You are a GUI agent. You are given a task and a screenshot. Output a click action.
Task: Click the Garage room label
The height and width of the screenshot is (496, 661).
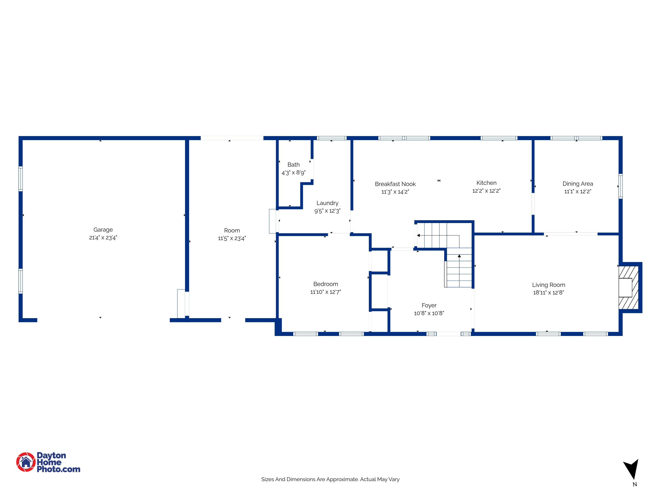(x=103, y=230)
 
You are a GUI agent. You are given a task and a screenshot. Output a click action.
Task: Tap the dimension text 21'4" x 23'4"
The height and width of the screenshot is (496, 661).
(x=103, y=238)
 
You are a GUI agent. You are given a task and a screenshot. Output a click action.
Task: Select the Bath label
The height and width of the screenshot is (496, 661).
(x=293, y=164)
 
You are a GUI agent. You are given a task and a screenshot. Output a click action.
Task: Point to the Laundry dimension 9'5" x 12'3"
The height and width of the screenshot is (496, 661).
(x=327, y=211)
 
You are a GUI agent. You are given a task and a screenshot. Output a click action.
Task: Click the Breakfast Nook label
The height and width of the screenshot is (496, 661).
(x=395, y=184)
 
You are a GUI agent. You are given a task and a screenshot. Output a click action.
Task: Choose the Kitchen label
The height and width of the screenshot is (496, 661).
(x=486, y=183)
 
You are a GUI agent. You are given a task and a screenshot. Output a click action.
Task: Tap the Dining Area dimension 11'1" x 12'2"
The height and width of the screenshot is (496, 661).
(x=577, y=192)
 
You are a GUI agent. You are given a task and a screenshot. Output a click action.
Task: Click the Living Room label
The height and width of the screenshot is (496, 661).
(x=548, y=285)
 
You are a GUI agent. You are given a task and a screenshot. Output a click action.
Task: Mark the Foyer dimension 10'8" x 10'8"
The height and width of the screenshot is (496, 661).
(x=429, y=313)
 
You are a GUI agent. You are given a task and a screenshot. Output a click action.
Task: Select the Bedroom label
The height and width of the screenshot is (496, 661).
(x=325, y=284)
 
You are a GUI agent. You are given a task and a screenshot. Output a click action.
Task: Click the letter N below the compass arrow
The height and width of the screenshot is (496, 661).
(x=635, y=484)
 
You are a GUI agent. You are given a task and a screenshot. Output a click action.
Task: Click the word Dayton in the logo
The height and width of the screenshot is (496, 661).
(x=51, y=455)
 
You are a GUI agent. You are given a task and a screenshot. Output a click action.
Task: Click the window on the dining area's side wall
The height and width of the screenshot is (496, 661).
(x=620, y=186)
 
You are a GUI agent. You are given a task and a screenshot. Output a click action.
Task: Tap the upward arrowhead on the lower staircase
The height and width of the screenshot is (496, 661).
(x=459, y=256)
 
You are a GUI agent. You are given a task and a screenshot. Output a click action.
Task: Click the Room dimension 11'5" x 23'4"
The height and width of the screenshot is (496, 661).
(x=232, y=238)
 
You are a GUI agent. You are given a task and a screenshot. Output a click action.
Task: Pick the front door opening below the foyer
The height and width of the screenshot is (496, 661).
(x=448, y=334)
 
